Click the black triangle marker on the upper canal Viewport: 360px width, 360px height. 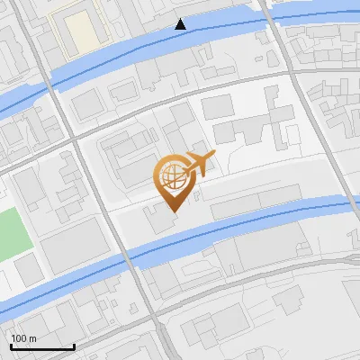point(181,24)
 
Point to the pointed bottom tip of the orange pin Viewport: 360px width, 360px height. point(172,211)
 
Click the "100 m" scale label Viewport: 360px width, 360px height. point(23,338)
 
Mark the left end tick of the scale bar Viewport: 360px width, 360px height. point(10,346)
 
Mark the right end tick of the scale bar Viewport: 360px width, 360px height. point(74,346)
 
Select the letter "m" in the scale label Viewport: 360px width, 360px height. point(32,338)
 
